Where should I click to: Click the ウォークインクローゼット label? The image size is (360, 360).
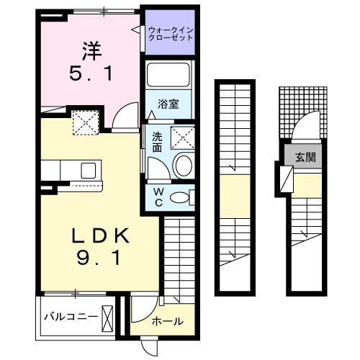click(171, 33)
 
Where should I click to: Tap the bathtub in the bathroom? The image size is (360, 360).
click(167, 76)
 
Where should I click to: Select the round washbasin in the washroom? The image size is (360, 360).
click(183, 165)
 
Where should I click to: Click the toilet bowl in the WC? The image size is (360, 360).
click(184, 197)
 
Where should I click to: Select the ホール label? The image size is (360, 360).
click(167, 321)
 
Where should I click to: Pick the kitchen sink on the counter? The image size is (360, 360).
click(89, 171)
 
